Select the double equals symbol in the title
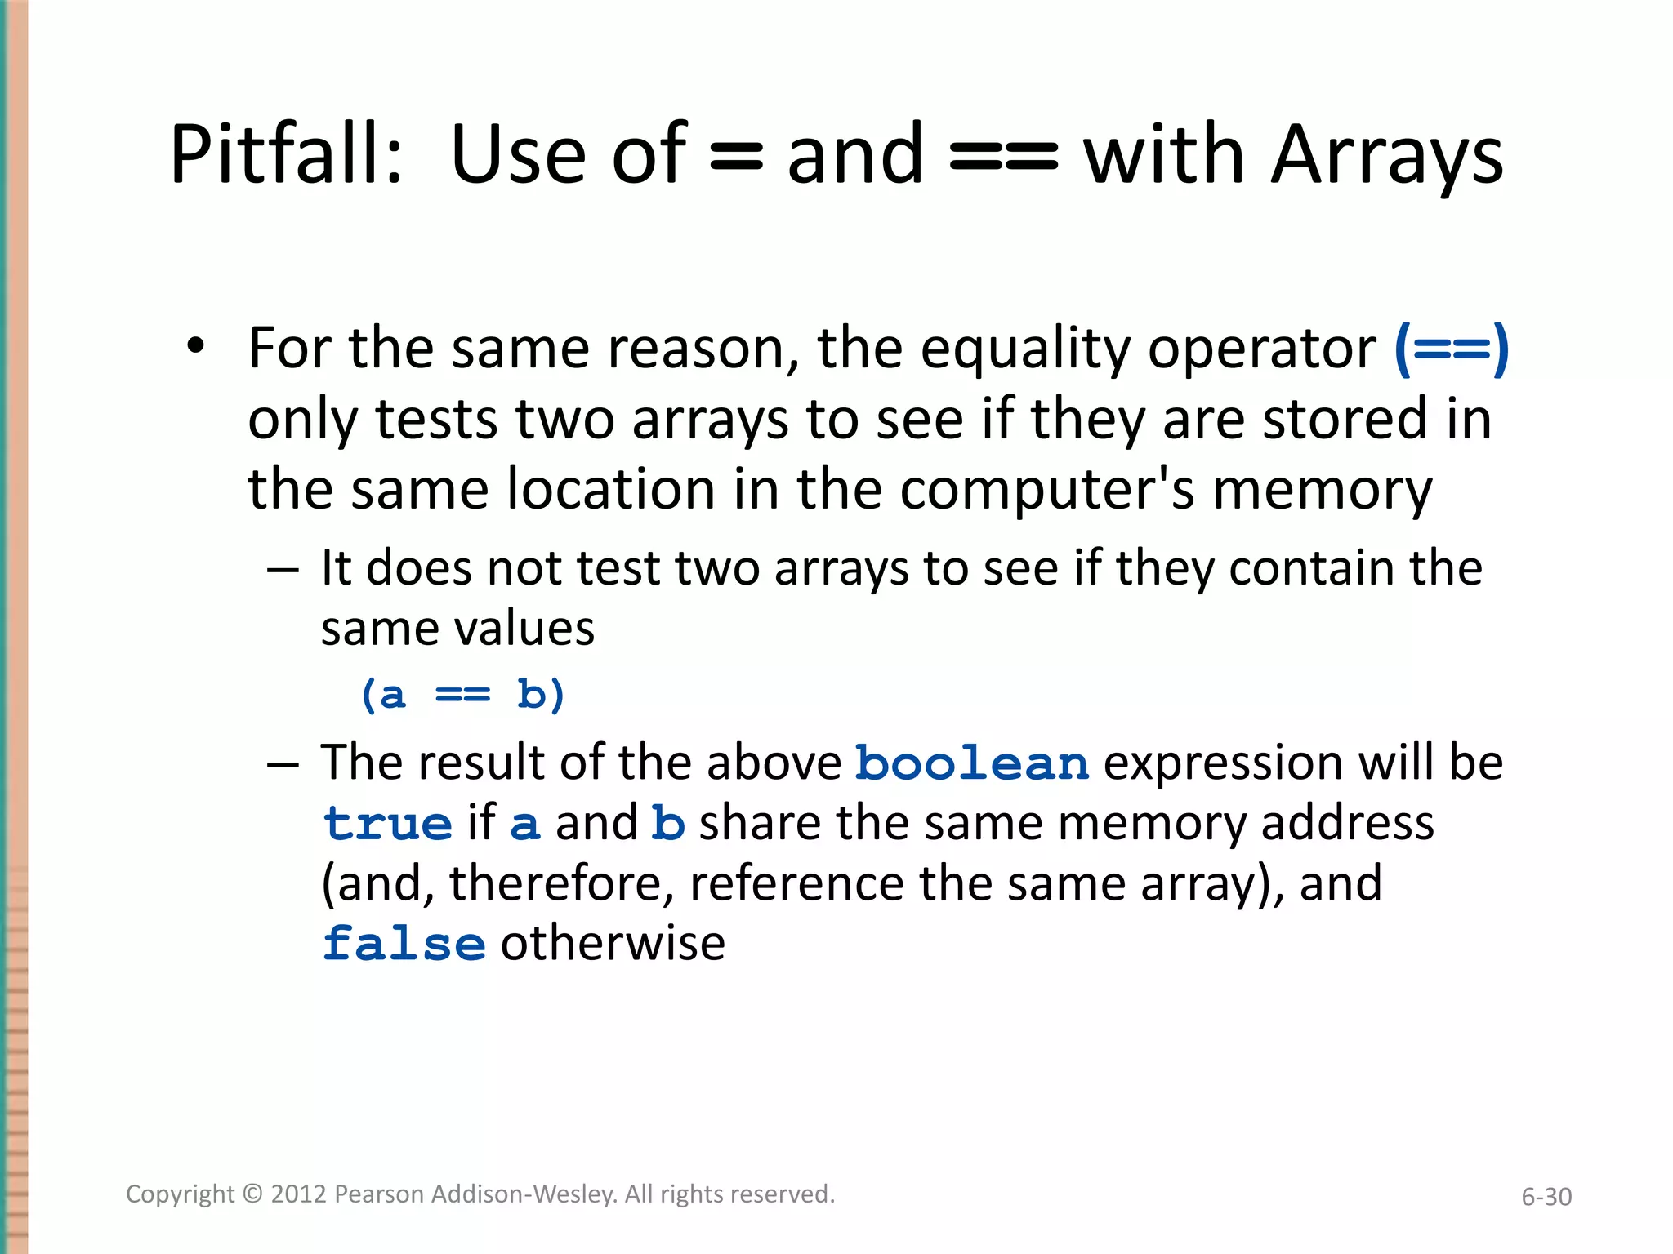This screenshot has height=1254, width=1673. pos(1004,157)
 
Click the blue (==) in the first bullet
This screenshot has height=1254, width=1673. pos(1451,349)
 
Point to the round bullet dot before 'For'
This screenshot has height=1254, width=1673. pos(195,346)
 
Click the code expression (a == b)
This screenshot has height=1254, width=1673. pos(462,696)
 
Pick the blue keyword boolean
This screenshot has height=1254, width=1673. pos(972,764)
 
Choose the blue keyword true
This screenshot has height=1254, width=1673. pos(388,825)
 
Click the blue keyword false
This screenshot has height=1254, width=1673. pos(404,945)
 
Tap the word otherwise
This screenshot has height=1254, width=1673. pos(613,944)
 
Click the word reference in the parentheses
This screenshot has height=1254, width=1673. pos(796,884)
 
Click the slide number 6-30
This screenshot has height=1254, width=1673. pos(1546,1197)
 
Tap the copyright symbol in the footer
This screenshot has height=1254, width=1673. pos(253,1194)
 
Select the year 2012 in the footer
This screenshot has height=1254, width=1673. pos(299,1194)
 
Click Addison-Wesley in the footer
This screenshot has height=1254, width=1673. pos(524,1194)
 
